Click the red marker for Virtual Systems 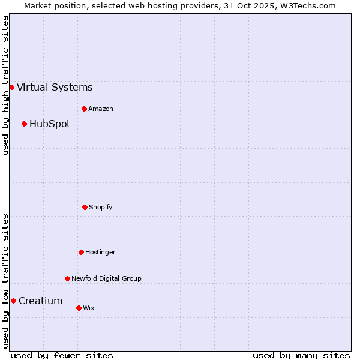coord(11,87)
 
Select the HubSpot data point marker coord(24,124)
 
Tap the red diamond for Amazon coord(84,109)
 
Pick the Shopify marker coord(85,207)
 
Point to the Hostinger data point coord(81,252)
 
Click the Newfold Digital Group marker coord(67,278)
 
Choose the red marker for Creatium coord(13,301)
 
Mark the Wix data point coord(79,308)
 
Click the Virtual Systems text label coord(55,88)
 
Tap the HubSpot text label coord(50,124)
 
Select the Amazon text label coord(101,109)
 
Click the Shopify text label coord(101,208)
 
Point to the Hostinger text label coord(100,253)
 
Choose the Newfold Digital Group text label coord(106,279)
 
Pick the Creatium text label coord(41,301)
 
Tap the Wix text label coord(89,308)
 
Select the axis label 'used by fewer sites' coord(62,356)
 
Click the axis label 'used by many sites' coord(301,356)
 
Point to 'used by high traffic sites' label coord(5,85)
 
